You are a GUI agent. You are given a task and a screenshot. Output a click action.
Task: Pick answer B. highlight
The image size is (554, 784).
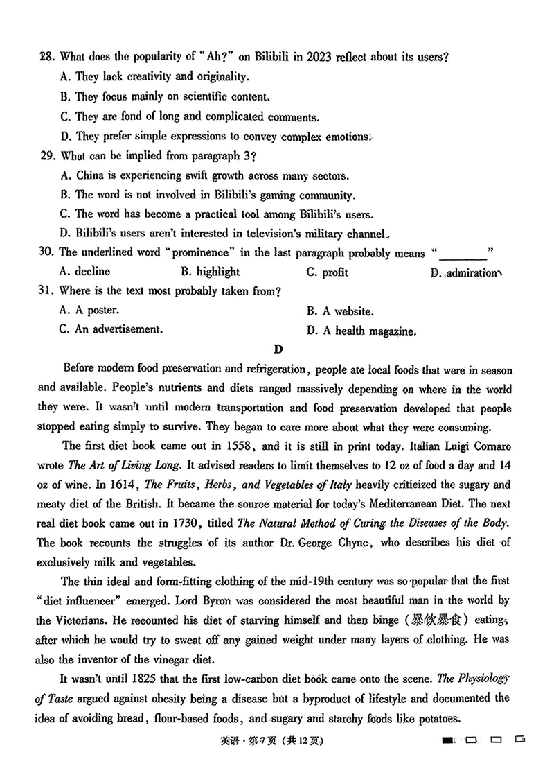tap(210, 272)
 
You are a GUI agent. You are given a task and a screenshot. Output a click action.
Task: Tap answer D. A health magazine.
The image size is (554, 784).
tap(361, 331)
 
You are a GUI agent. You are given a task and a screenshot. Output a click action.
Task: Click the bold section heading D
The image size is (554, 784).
tap(278, 349)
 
